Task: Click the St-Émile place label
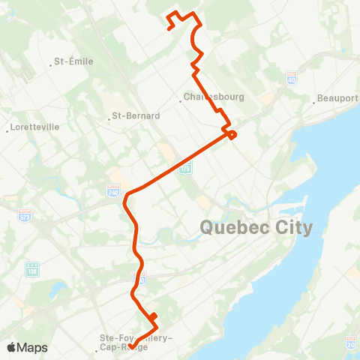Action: (x=75, y=61)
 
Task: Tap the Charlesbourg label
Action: (x=205, y=97)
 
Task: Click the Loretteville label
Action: (x=34, y=127)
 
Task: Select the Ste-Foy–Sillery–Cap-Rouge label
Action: (x=136, y=342)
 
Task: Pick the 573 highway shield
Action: (x=25, y=214)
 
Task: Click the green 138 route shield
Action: (x=32, y=268)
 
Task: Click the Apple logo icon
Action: (x=10, y=347)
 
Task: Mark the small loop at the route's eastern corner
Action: (x=232, y=135)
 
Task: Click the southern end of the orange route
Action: (x=132, y=346)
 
